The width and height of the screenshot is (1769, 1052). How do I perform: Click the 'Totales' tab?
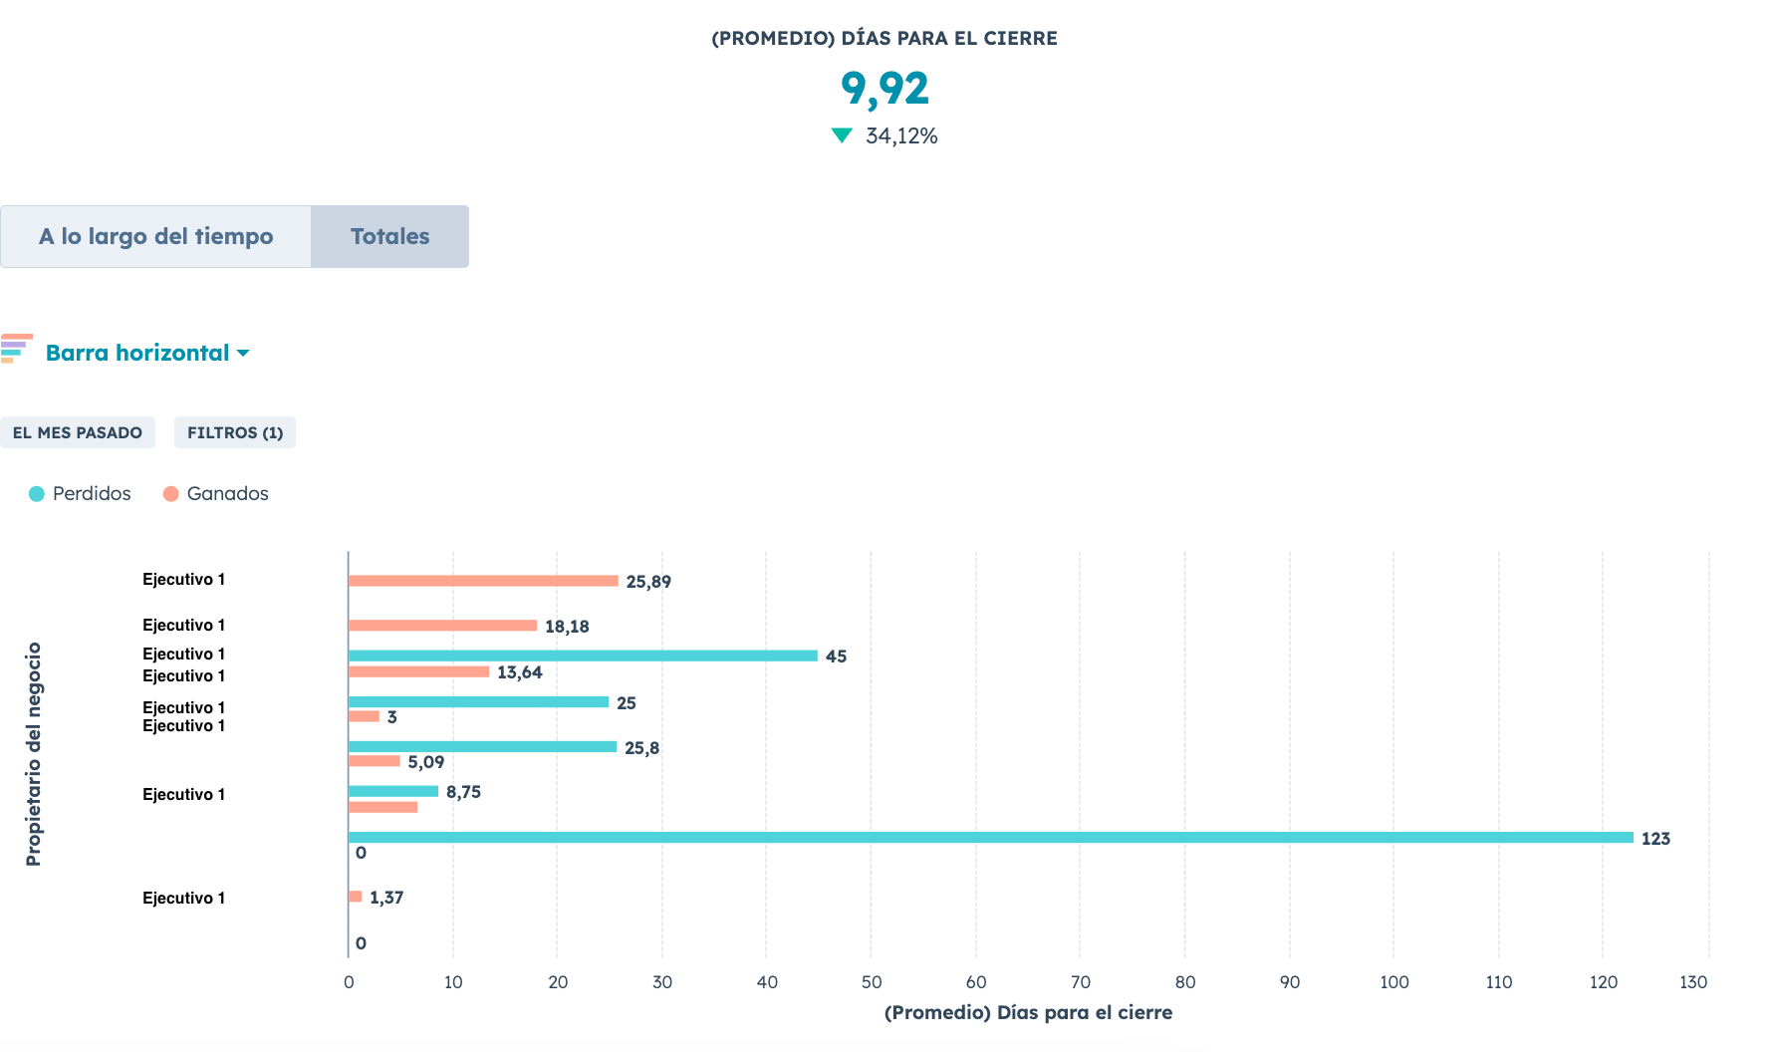[x=389, y=237]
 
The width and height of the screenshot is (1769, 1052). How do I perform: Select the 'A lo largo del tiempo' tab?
[x=155, y=237]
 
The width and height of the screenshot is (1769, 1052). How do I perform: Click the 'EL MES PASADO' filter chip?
[x=78, y=432]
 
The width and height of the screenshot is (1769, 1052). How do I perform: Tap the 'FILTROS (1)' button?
[x=235, y=432]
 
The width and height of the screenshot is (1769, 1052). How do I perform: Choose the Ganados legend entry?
[x=216, y=494]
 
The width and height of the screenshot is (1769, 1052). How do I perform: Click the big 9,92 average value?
[x=884, y=89]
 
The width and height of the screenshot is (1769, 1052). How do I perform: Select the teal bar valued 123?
[x=990, y=838]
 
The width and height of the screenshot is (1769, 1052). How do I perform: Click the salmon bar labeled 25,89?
[x=483, y=581]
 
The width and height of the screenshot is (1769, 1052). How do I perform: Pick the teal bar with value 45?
[x=583, y=656]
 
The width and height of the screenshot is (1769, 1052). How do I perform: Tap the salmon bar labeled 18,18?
[x=442, y=626]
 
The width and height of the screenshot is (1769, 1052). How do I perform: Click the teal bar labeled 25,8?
[x=482, y=747]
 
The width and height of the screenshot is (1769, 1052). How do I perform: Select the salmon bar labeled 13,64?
[x=418, y=671]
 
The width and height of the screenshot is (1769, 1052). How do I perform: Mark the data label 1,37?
[x=386, y=898]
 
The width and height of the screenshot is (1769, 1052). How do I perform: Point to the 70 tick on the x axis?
[x=1080, y=982]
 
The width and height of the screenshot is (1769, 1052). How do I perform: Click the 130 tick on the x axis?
[x=1693, y=982]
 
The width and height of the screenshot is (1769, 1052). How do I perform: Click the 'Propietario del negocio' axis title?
[x=34, y=754]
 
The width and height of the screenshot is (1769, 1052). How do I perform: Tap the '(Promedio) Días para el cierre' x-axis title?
[x=1028, y=1013]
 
